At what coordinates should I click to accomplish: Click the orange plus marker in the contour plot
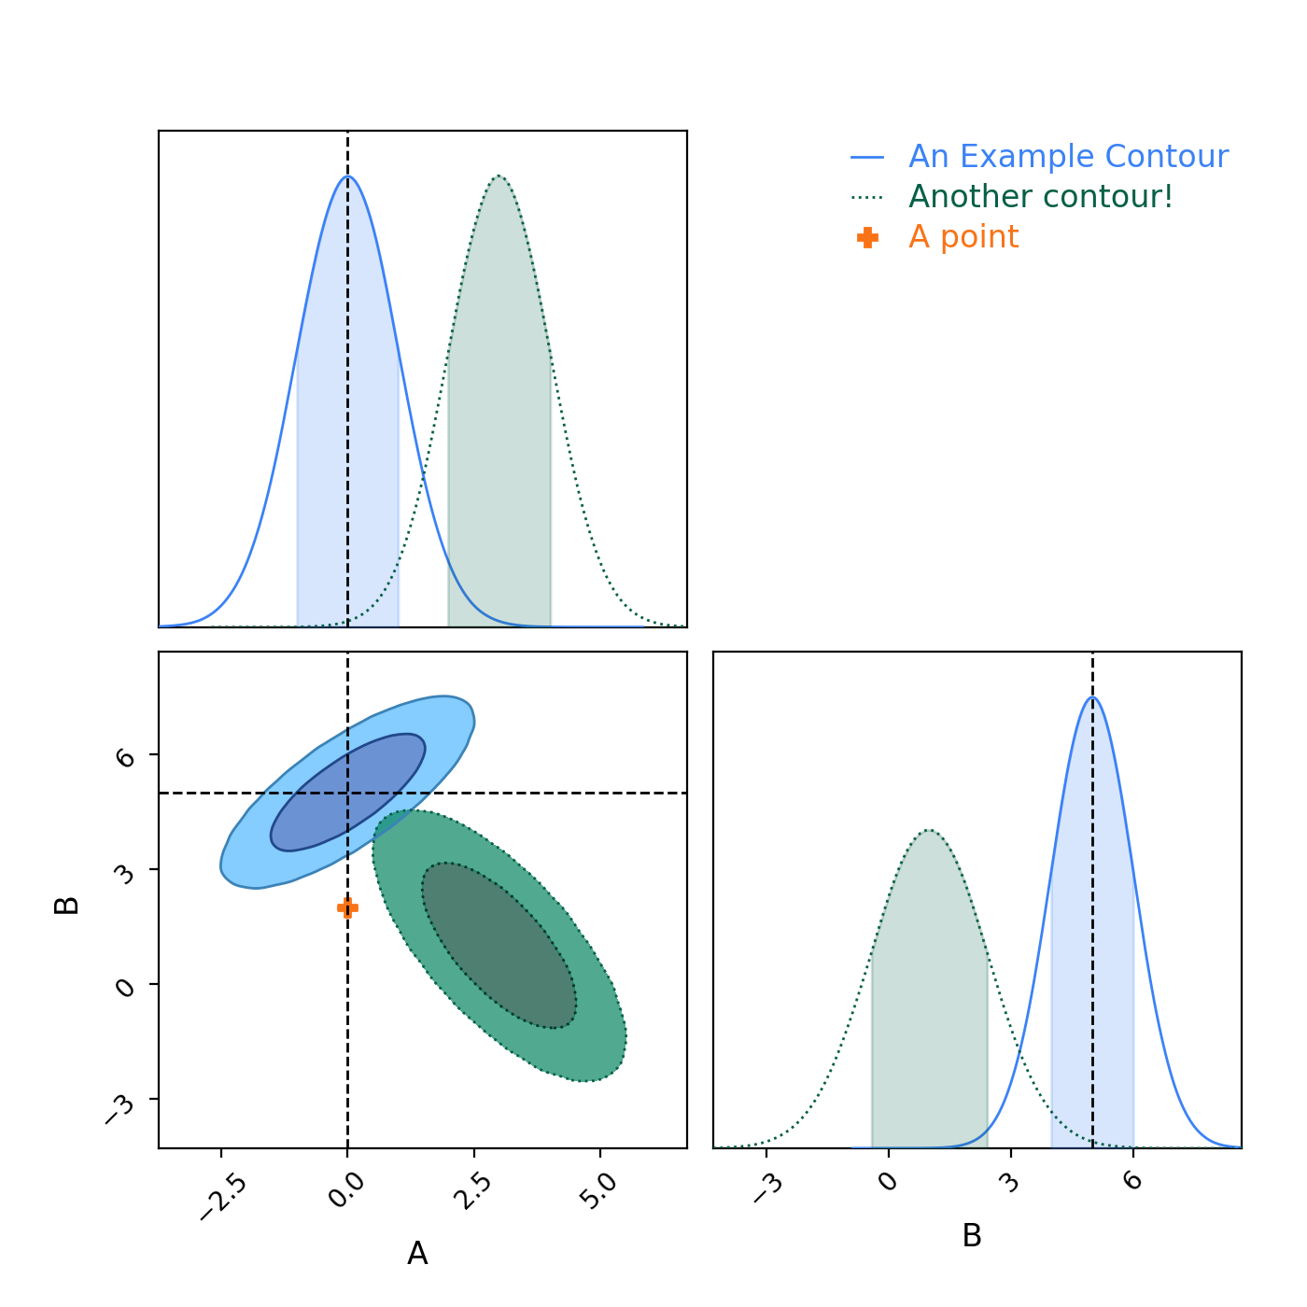click(x=347, y=907)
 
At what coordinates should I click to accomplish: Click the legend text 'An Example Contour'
click(x=1068, y=157)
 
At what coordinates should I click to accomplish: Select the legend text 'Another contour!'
click(x=1040, y=197)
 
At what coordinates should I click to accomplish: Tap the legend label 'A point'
click(x=963, y=237)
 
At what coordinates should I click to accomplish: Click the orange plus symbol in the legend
click(x=867, y=238)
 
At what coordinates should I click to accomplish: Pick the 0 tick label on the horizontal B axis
click(x=888, y=1181)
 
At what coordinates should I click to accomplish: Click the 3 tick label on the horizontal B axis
click(x=1008, y=1181)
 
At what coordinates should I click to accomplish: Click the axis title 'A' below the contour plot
click(x=417, y=1254)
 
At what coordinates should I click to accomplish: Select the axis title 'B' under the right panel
click(x=972, y=1236)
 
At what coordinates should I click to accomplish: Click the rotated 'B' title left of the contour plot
click(x=67, y=905)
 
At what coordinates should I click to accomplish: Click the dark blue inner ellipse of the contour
click(x=347, y=792)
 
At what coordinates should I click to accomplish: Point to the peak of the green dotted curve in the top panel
click(x=500, y=176)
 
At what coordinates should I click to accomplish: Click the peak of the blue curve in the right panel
click(x=1092, y=697)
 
